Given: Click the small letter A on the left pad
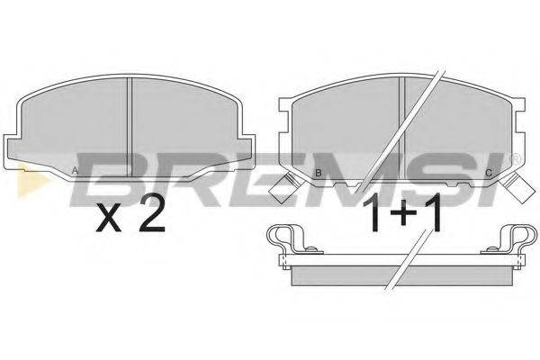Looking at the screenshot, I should pos(74,170).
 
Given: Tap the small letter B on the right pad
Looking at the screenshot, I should pos(318,173).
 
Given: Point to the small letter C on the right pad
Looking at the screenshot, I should pos(488,173).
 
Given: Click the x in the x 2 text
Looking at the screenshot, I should pos(109,219).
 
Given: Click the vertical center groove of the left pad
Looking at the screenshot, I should pos(131,126).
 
